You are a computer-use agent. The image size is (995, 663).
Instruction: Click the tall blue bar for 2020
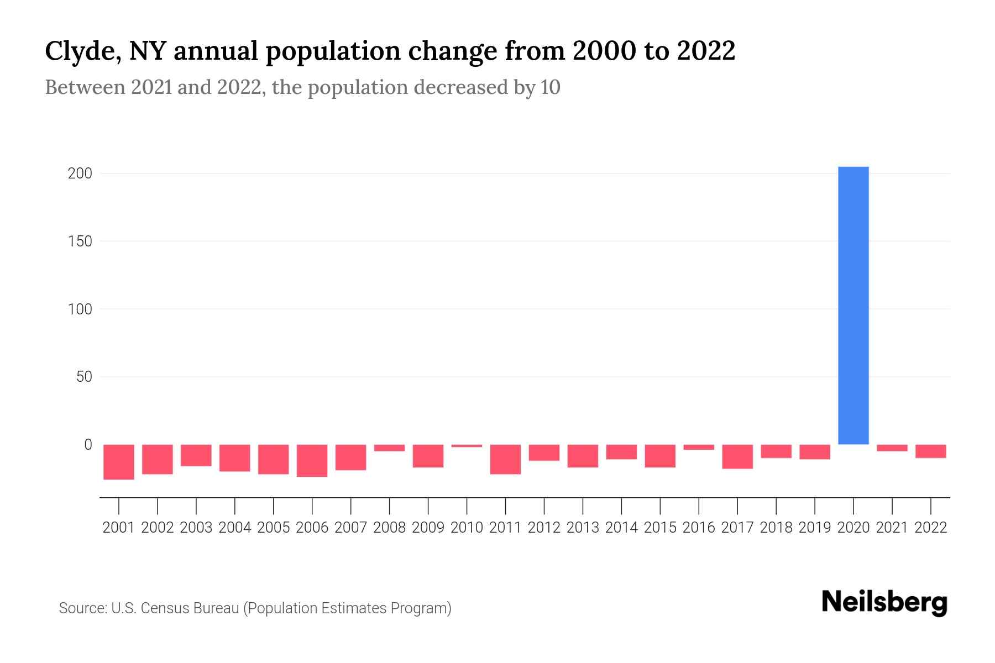(853, 306)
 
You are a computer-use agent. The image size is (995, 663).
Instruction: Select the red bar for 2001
(119, 461)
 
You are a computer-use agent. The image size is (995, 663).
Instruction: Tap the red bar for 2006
(312, 460)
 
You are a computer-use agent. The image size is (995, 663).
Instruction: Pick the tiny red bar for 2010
(467, 446)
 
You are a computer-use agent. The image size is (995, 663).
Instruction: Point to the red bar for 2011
(505, 459)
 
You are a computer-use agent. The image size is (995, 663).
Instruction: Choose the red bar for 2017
(737, 456)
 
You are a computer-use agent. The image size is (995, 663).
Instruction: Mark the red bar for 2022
(930, 451)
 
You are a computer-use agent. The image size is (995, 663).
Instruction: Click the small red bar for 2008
(389, 448)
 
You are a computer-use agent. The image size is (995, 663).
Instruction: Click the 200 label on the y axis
(80, 173)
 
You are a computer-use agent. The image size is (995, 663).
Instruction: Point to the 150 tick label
(80, 241)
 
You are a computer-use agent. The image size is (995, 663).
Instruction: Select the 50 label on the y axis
(84, 377)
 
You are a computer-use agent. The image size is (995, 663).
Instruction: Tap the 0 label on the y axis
(88, 445)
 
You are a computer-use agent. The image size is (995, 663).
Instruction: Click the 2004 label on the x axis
(235, 528)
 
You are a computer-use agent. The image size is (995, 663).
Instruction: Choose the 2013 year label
(583, 528)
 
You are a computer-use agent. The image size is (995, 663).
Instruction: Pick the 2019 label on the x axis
(815, 528)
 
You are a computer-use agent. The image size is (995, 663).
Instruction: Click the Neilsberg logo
(884, 603)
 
